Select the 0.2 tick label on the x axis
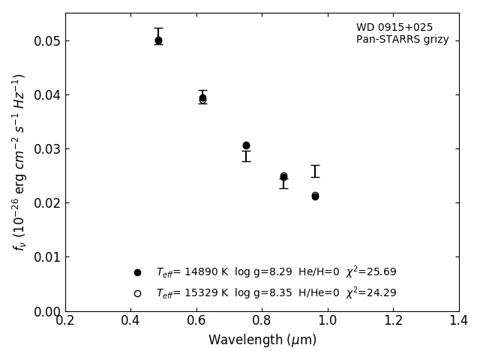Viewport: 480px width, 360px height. coord(65,320)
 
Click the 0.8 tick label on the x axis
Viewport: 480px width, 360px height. coord(262,320)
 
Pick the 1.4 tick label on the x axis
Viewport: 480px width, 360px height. coord(458,320)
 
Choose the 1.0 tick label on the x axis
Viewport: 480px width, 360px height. coord(328,320)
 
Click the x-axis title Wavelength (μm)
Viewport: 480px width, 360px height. coord(262,340)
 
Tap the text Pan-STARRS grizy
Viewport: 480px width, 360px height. coord(402,40)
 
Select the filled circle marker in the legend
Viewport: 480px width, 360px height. coord(137,272)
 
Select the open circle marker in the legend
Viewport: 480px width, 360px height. coord(137,293)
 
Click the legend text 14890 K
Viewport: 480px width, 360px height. coord(200,272)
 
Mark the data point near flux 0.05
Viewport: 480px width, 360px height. coord(158,40)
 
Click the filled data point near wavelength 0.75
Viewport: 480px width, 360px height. coord(246,145)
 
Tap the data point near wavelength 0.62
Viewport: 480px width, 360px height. coord(202,98)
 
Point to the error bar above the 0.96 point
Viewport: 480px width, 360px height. coord(315,171)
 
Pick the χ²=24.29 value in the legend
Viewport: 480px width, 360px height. coord(371,293)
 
